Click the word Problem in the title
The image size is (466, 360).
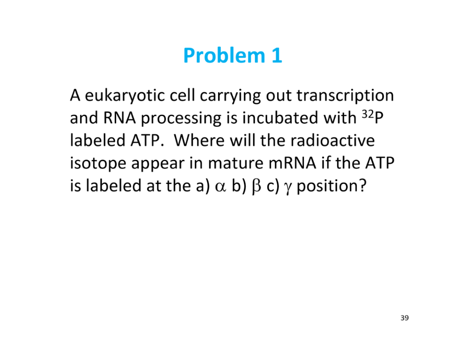click(224, 56)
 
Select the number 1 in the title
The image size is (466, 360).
click(277, 56)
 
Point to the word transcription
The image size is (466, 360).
click(345, 96)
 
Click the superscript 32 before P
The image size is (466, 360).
click(368, 114)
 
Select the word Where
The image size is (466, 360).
click(199, 140)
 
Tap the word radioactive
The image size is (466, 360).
click(333, 140)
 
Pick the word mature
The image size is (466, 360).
click(235, 163)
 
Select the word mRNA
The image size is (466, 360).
click(293, 163)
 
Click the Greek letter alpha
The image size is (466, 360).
click(221, 187)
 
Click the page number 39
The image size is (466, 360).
click(405, 318)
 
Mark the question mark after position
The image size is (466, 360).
click(363, 185)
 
